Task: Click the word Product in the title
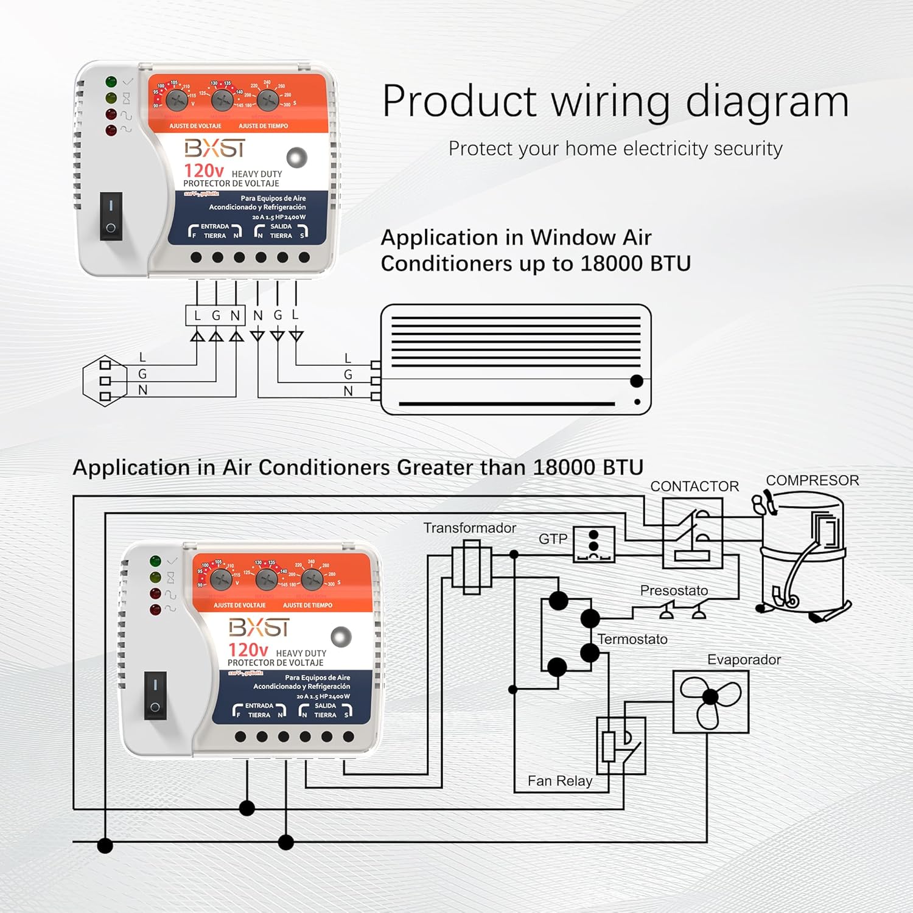[x=460, y=102]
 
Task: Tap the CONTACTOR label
[x=694, y=486]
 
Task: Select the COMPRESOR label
[x=812, y=480]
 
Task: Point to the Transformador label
[x=469, y=528]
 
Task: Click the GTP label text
[x=553, y=539]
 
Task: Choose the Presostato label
[x=674, y=590]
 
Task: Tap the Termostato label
[x=632, y=639]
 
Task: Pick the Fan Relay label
[x=560, y=781]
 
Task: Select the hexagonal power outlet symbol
[x=105, y=381]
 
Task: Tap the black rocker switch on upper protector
[x=111, y=216]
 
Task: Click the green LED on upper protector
[x=111, y=82]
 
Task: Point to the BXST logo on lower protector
[x=259, y=628]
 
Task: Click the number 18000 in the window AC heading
[x=612, y=264]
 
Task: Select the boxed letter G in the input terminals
[x=216, y=315]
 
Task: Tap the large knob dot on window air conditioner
[x=637, y=381]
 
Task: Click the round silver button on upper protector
[x=297, y=158]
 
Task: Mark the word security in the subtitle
[x=747, y=149]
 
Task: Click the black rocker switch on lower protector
[x=155, y=696]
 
